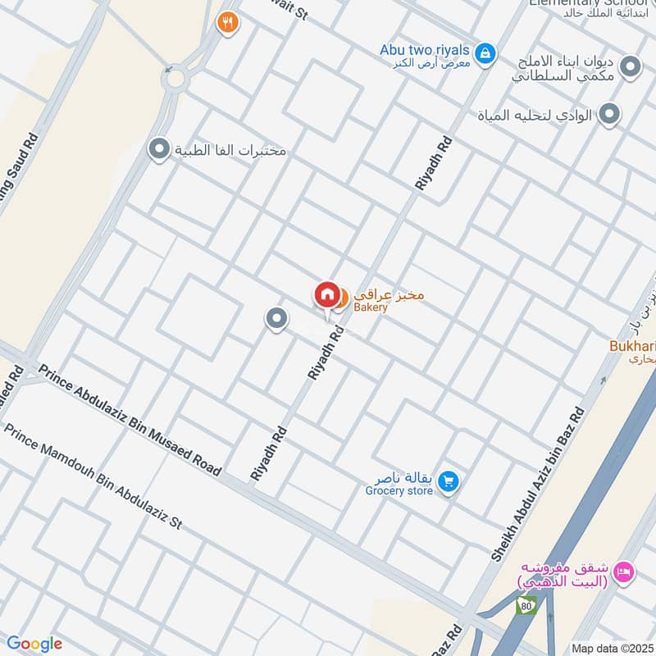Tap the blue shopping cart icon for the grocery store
coord(447,481)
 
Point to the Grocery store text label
coord(399,491)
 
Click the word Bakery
coord(370,307)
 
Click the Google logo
coord(34,644)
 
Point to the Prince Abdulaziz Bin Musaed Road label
coord(130,420)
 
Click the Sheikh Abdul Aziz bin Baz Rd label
coord(540,483)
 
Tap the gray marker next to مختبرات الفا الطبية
coord(157,149)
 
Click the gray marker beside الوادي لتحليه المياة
coord(608,115)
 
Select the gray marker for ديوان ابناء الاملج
coord(630,66)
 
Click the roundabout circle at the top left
coord(174,80)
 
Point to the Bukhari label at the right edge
coord(635,346)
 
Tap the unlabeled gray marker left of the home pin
coord(277,318)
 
